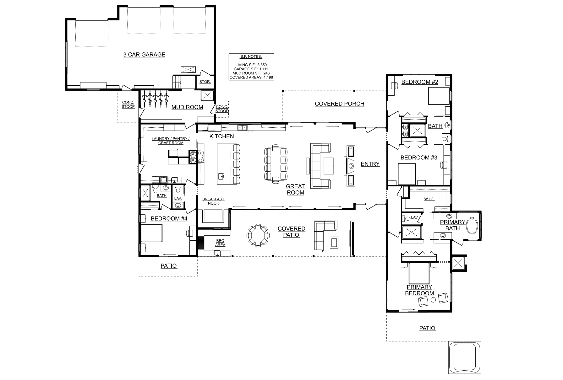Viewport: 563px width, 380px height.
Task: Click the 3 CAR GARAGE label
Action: (144, 55)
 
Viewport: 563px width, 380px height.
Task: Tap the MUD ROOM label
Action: (187, 107)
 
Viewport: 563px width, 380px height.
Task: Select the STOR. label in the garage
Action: (205, 82)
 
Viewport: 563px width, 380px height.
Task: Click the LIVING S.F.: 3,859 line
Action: (251, 65)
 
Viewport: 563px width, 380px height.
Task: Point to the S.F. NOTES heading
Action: (251, 57)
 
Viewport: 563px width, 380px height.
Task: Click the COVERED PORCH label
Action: (340, 104)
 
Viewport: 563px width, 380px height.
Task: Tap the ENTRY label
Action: (370, 164)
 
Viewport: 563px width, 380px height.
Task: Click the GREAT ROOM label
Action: (295, 190)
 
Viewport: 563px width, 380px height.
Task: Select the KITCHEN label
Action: (222, 136)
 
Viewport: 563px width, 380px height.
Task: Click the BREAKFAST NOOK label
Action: (213, 201)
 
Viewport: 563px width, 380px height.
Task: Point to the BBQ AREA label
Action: (220, 243)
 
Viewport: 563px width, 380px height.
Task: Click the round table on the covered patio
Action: (258, 235)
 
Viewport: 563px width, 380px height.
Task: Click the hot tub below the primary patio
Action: (464, 357)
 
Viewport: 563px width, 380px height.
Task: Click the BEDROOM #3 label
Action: (419, 158)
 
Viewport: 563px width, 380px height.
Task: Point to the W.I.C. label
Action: (429, 199)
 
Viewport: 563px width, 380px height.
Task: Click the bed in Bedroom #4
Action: (151, 234)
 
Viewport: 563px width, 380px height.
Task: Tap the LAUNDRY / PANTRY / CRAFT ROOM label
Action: (171, 141)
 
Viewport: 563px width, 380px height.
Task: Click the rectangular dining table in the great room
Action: (276, 163)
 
